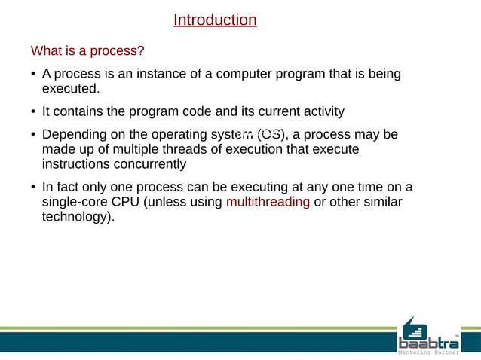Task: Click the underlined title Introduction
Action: tap(215, 20)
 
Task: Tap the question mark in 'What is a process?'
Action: tap(140, 51)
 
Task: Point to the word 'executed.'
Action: tap(71, 89)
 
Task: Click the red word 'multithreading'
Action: tap(268, 202)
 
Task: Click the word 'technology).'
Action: tap(78, 217)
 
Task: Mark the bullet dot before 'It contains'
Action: tap(33, 112)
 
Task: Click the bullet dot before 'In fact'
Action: tap(33, 188)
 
